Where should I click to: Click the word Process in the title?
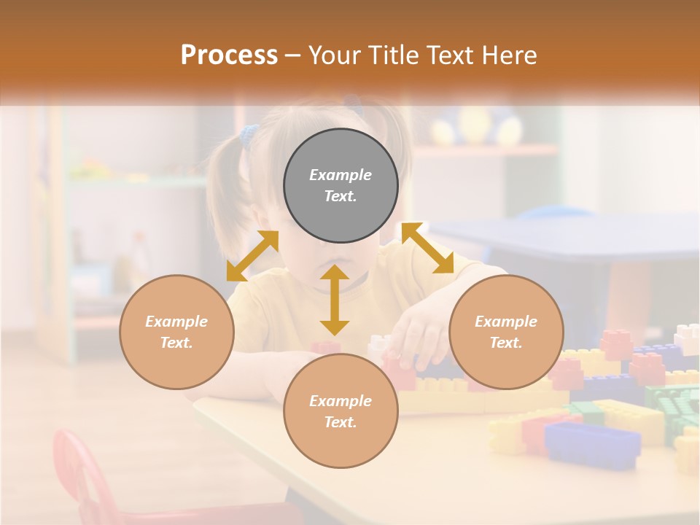click(229, 55)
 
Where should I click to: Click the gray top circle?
click(341, 185)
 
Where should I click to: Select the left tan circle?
click(176, 332)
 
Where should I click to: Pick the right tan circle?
click(506, 332)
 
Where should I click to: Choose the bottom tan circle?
click(341, 411)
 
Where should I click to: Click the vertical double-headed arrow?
click(335, 300)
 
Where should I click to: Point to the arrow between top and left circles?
click(252, 256)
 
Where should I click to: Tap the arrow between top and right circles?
click(428, 248)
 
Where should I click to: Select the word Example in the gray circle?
click(341, 175)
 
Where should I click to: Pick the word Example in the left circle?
click(176, 322)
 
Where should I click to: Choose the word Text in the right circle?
click(506, 343)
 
